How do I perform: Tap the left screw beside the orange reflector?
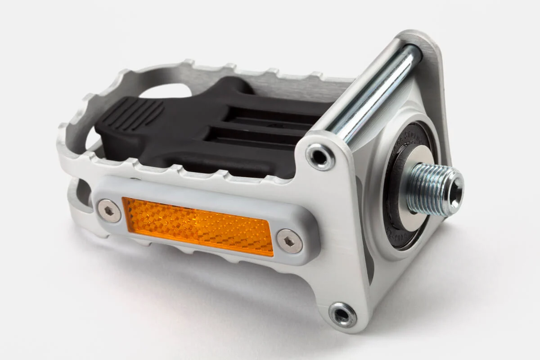click(x=109, y=211)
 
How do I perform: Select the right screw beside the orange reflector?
click(x=289, y=241)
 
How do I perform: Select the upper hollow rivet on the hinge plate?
click(x=320, y=157)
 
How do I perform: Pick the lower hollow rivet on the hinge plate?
click(x=342, y=315)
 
